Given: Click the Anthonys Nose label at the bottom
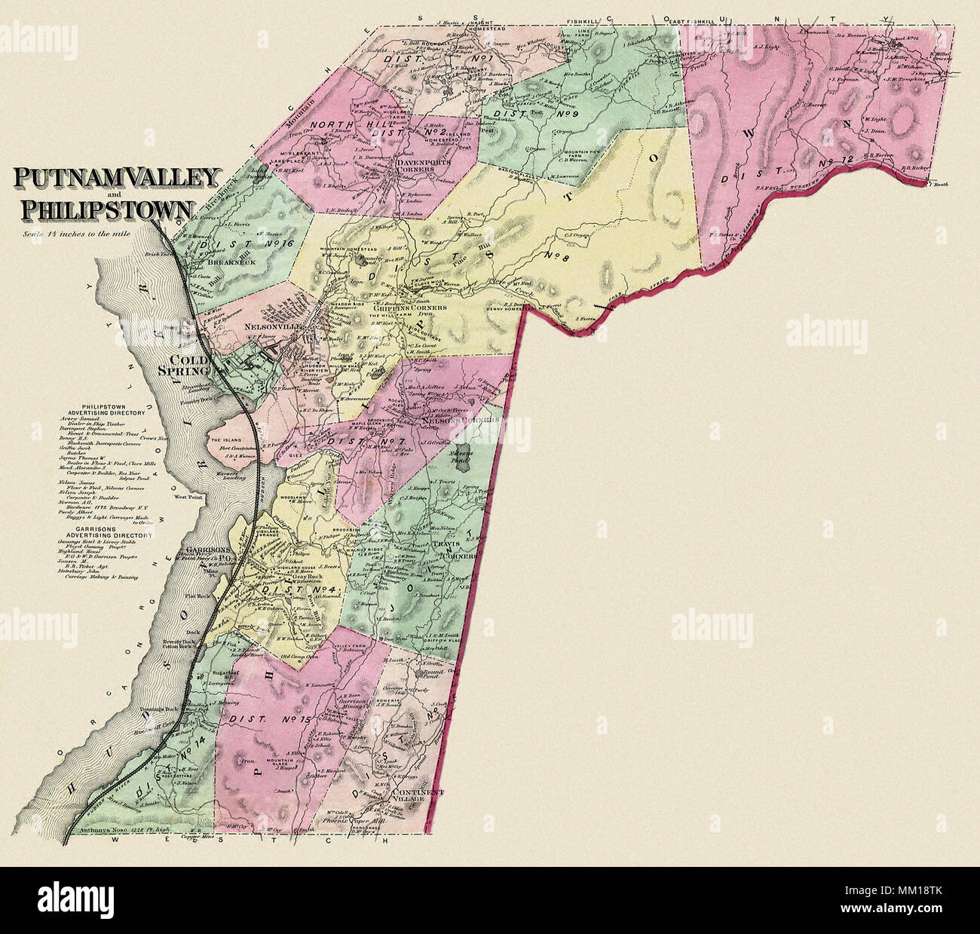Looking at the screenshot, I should [x=105, y=831].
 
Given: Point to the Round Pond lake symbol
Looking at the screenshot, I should [x=419, y=671].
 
